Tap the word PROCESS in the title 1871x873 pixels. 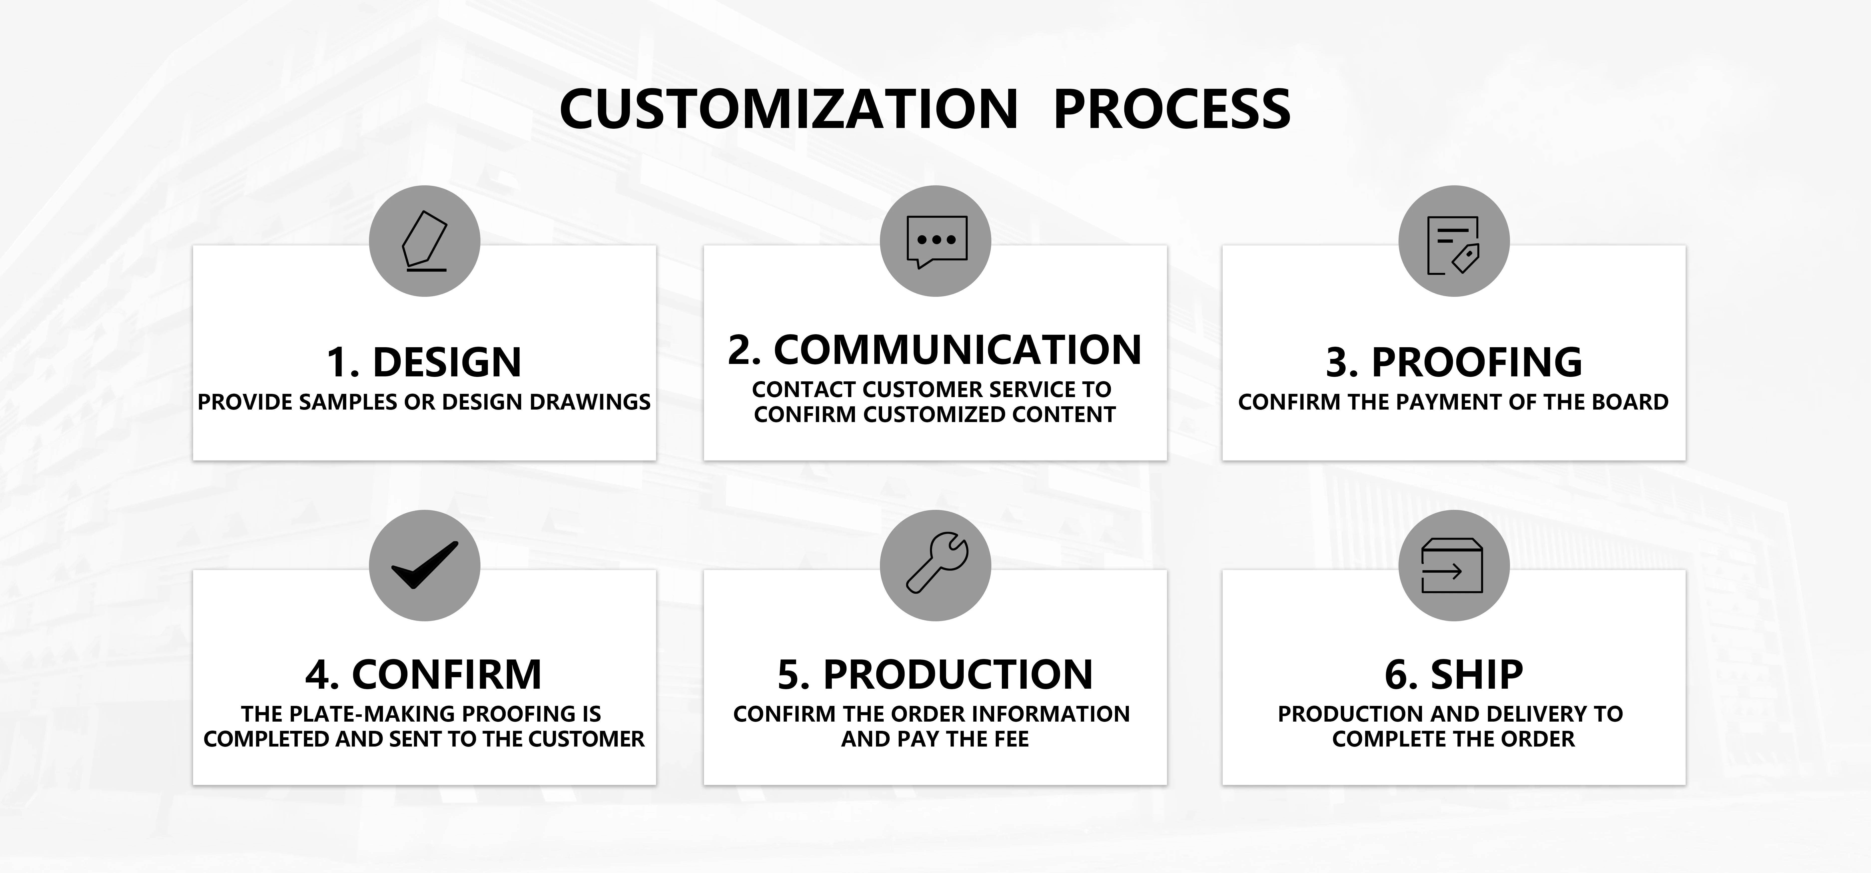[1171, 110]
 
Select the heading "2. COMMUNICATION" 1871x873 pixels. [935, 350]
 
